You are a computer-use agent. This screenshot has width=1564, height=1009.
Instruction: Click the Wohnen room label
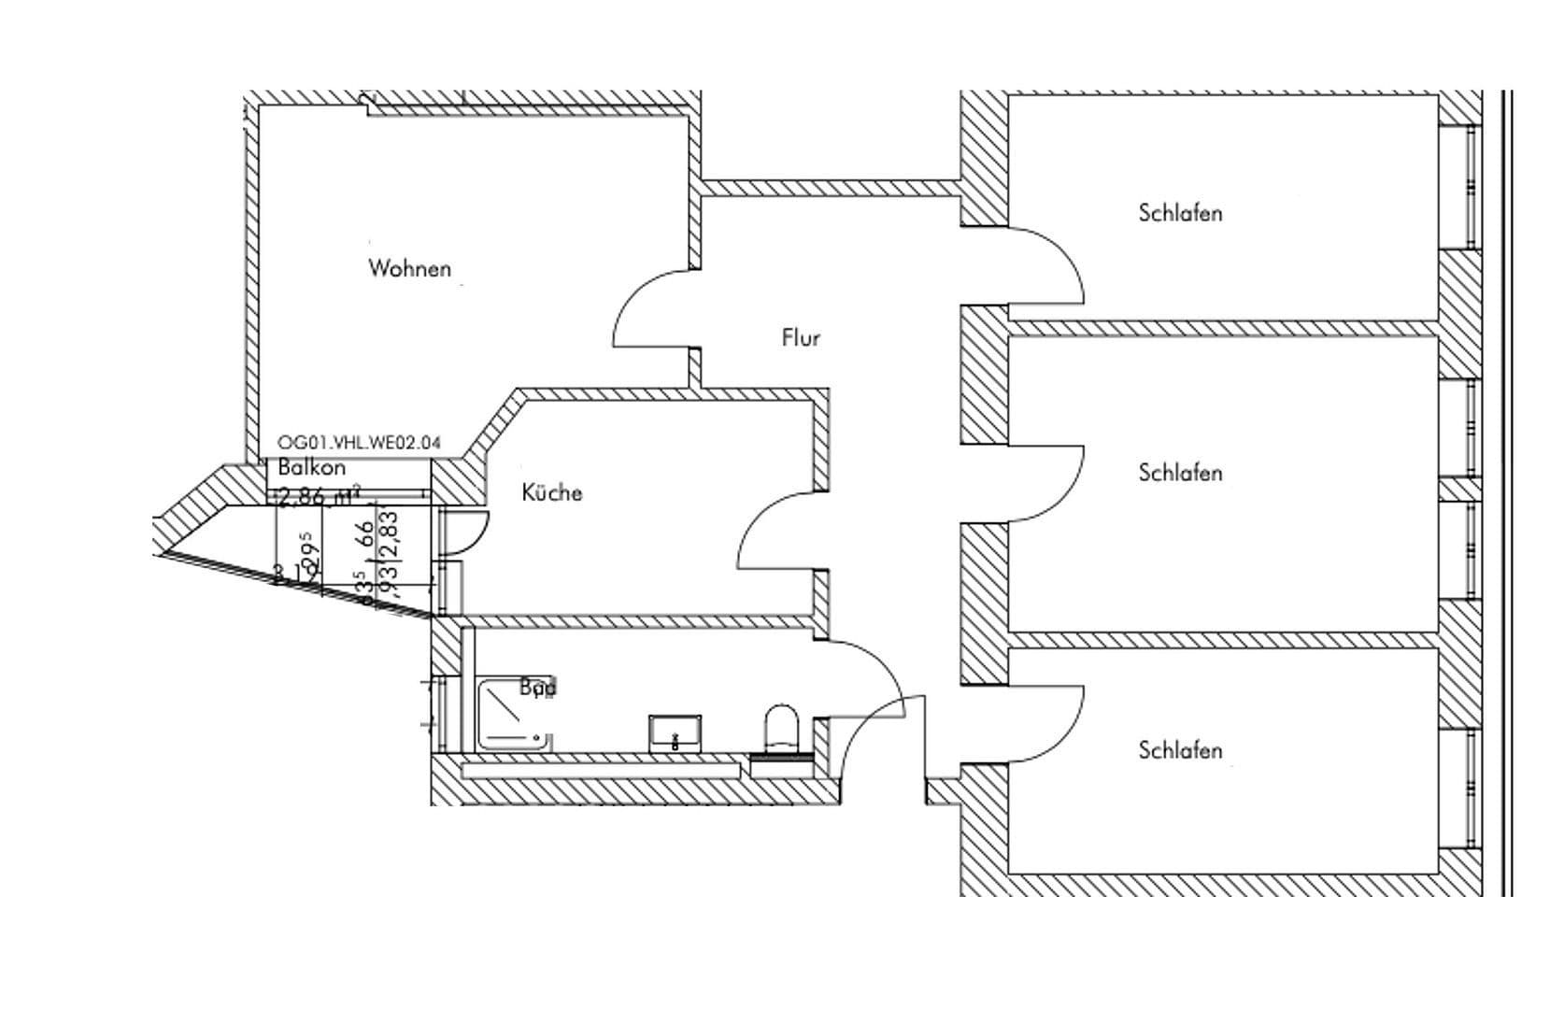(x=409, y=269)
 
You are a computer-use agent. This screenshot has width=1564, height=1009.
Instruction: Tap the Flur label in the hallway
(x=801, y=337)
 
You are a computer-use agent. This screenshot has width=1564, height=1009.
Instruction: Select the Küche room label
(x=551, y=492)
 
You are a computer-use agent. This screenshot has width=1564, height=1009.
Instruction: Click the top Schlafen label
(x=1180, y=213)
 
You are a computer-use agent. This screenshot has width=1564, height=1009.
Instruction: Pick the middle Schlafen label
(x=1180, y=473)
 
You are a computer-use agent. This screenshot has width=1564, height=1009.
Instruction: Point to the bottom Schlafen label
(x=1180, y=750)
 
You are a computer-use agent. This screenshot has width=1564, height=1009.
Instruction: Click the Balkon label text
(x=312, y=468)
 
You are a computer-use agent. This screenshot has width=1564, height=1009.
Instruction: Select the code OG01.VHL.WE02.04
(x=359, y=443)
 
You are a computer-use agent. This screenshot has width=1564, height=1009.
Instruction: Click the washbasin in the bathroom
(x=675, y=733)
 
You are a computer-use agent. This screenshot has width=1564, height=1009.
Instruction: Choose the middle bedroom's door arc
(x=1065, y=486)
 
